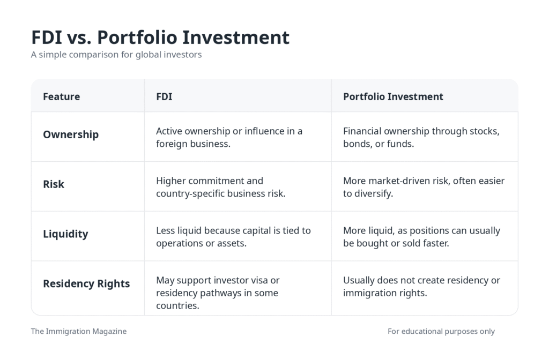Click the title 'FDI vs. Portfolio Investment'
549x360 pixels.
(160, 37)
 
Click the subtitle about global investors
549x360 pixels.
(116, 55)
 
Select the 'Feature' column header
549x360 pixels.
(61, 96)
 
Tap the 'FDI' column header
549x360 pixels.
(164, 96)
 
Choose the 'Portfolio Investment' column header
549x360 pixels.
(393, 96)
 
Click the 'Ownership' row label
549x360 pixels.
(71, 134)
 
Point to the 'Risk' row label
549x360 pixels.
(54, 184)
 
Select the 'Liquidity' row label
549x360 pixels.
(65, 234)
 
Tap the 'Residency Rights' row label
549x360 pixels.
(86, 283)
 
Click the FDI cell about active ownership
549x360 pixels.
(229, 137)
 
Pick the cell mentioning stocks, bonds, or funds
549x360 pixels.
(421, 137)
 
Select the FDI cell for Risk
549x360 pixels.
(220, 187)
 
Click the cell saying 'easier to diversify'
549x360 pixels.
(424, 187)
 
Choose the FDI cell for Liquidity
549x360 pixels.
(233, 237)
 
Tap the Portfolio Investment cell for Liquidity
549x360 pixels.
(421, 237)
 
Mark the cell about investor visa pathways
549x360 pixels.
(218, 293)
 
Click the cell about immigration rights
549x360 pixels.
(421, 287)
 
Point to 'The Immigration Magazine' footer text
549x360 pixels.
(79, 331)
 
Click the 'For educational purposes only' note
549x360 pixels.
(441, 331)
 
